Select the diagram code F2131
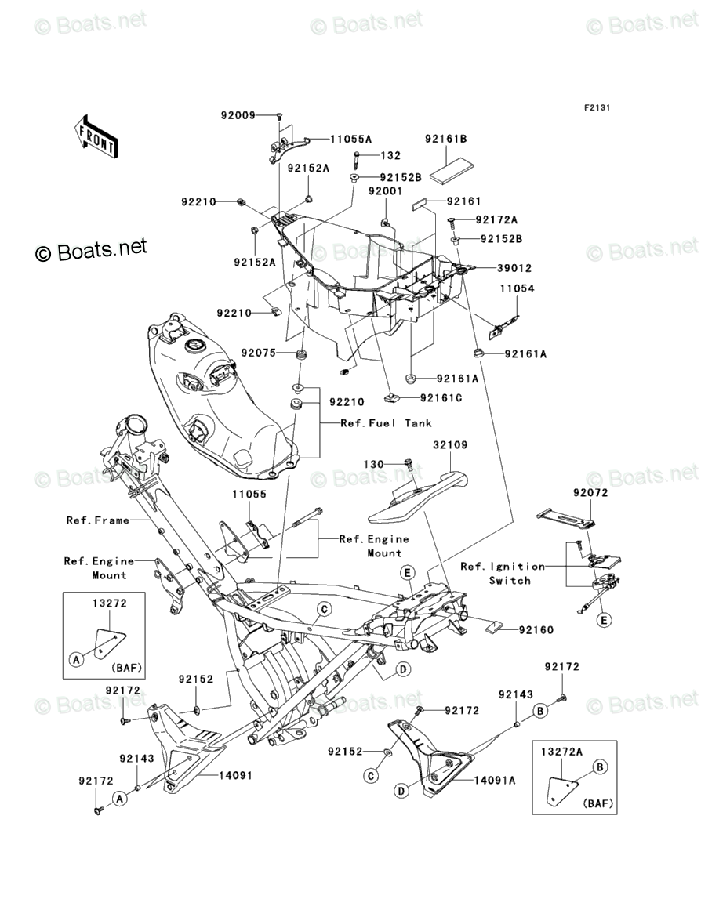(595, 107)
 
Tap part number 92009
(238, 116)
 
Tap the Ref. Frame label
(96, 520)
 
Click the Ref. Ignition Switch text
(503, 573)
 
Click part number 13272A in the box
(561, 751)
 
